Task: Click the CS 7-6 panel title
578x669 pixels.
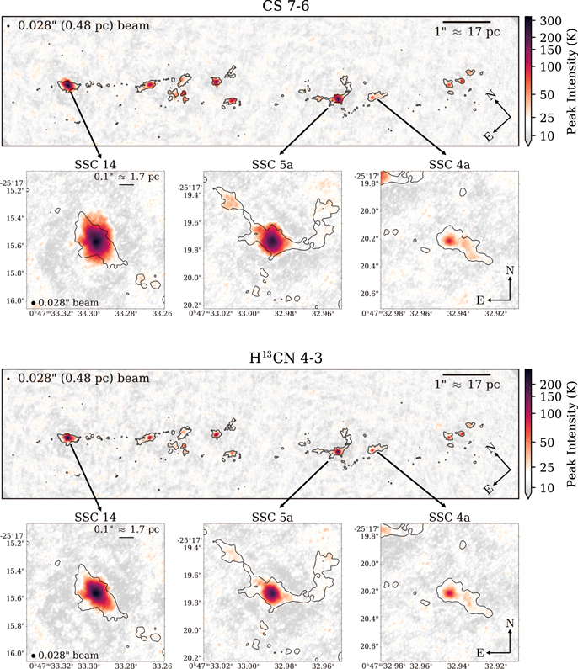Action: (x=286, y=6)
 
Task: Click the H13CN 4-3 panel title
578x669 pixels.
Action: (x=286, y=358)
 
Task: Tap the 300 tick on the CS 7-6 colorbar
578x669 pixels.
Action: (x=550, y=20)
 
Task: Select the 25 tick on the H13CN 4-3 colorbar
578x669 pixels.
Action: (x=547, y=467)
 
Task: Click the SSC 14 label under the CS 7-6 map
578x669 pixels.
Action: (x=95, y=164)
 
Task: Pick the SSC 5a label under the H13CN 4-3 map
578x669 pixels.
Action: (x=272, y=518)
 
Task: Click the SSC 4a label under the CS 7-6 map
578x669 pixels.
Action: (x=449, y=164)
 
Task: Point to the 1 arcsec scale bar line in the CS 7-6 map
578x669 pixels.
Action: (x=467, y=21)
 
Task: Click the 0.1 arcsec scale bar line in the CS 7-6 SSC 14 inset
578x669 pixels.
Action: (x=126, y=185)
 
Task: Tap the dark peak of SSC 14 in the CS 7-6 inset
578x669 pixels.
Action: (x=96, y=241)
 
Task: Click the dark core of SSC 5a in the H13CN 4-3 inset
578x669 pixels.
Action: (x=270, y=592)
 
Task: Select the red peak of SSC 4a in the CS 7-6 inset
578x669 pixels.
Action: (x=448, y=241)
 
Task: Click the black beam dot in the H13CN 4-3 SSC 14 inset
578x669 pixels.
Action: (x=34, y=656)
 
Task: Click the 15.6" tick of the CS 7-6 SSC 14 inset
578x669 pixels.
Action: (x=15, y=246)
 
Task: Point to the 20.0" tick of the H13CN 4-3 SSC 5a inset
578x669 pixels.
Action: (x=192, y=630)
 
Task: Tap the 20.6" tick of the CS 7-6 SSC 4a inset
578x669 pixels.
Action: (x=370, y=294)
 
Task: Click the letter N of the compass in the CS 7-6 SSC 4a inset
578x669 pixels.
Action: (x=510, y=270)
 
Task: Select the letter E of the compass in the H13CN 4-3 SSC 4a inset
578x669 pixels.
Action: (x=480, y=653)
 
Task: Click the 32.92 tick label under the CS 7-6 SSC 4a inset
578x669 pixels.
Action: (x=495, y=314)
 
